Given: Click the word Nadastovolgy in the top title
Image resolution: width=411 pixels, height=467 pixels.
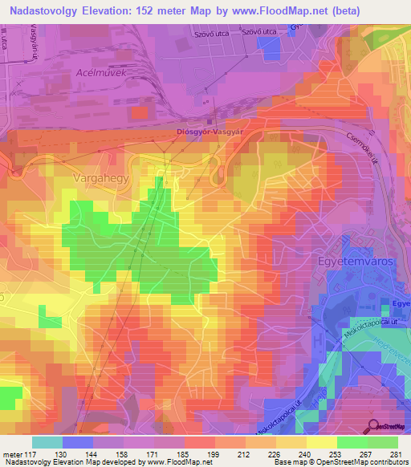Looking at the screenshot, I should [x=46, y=12].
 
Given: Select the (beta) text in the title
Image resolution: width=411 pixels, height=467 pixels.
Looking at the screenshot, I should [x=339, y=12].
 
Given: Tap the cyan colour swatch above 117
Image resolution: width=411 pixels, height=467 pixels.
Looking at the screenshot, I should [x=47, y=442].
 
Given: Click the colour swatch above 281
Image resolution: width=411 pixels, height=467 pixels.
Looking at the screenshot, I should [x=383, y=442].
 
